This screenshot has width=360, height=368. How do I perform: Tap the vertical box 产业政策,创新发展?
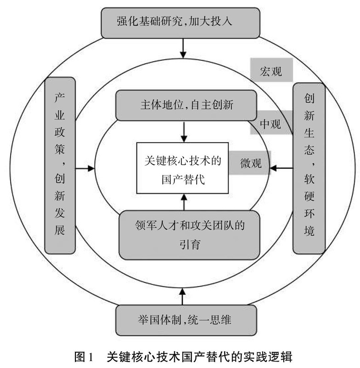pos(60,165)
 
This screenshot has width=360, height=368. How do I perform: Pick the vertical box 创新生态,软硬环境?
pos(309,167)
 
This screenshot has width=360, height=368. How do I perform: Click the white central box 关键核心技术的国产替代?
pos(183,169)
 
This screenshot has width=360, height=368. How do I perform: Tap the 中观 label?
pos(270,123)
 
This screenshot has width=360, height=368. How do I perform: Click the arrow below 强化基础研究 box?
pos(184,47)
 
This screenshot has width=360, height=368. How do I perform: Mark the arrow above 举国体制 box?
pos(184,294)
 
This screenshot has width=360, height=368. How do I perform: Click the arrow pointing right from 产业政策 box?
pos(85,169)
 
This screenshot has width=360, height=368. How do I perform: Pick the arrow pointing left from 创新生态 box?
pos(281,169)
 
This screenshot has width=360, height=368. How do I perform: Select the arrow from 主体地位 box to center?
pos(184,131)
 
